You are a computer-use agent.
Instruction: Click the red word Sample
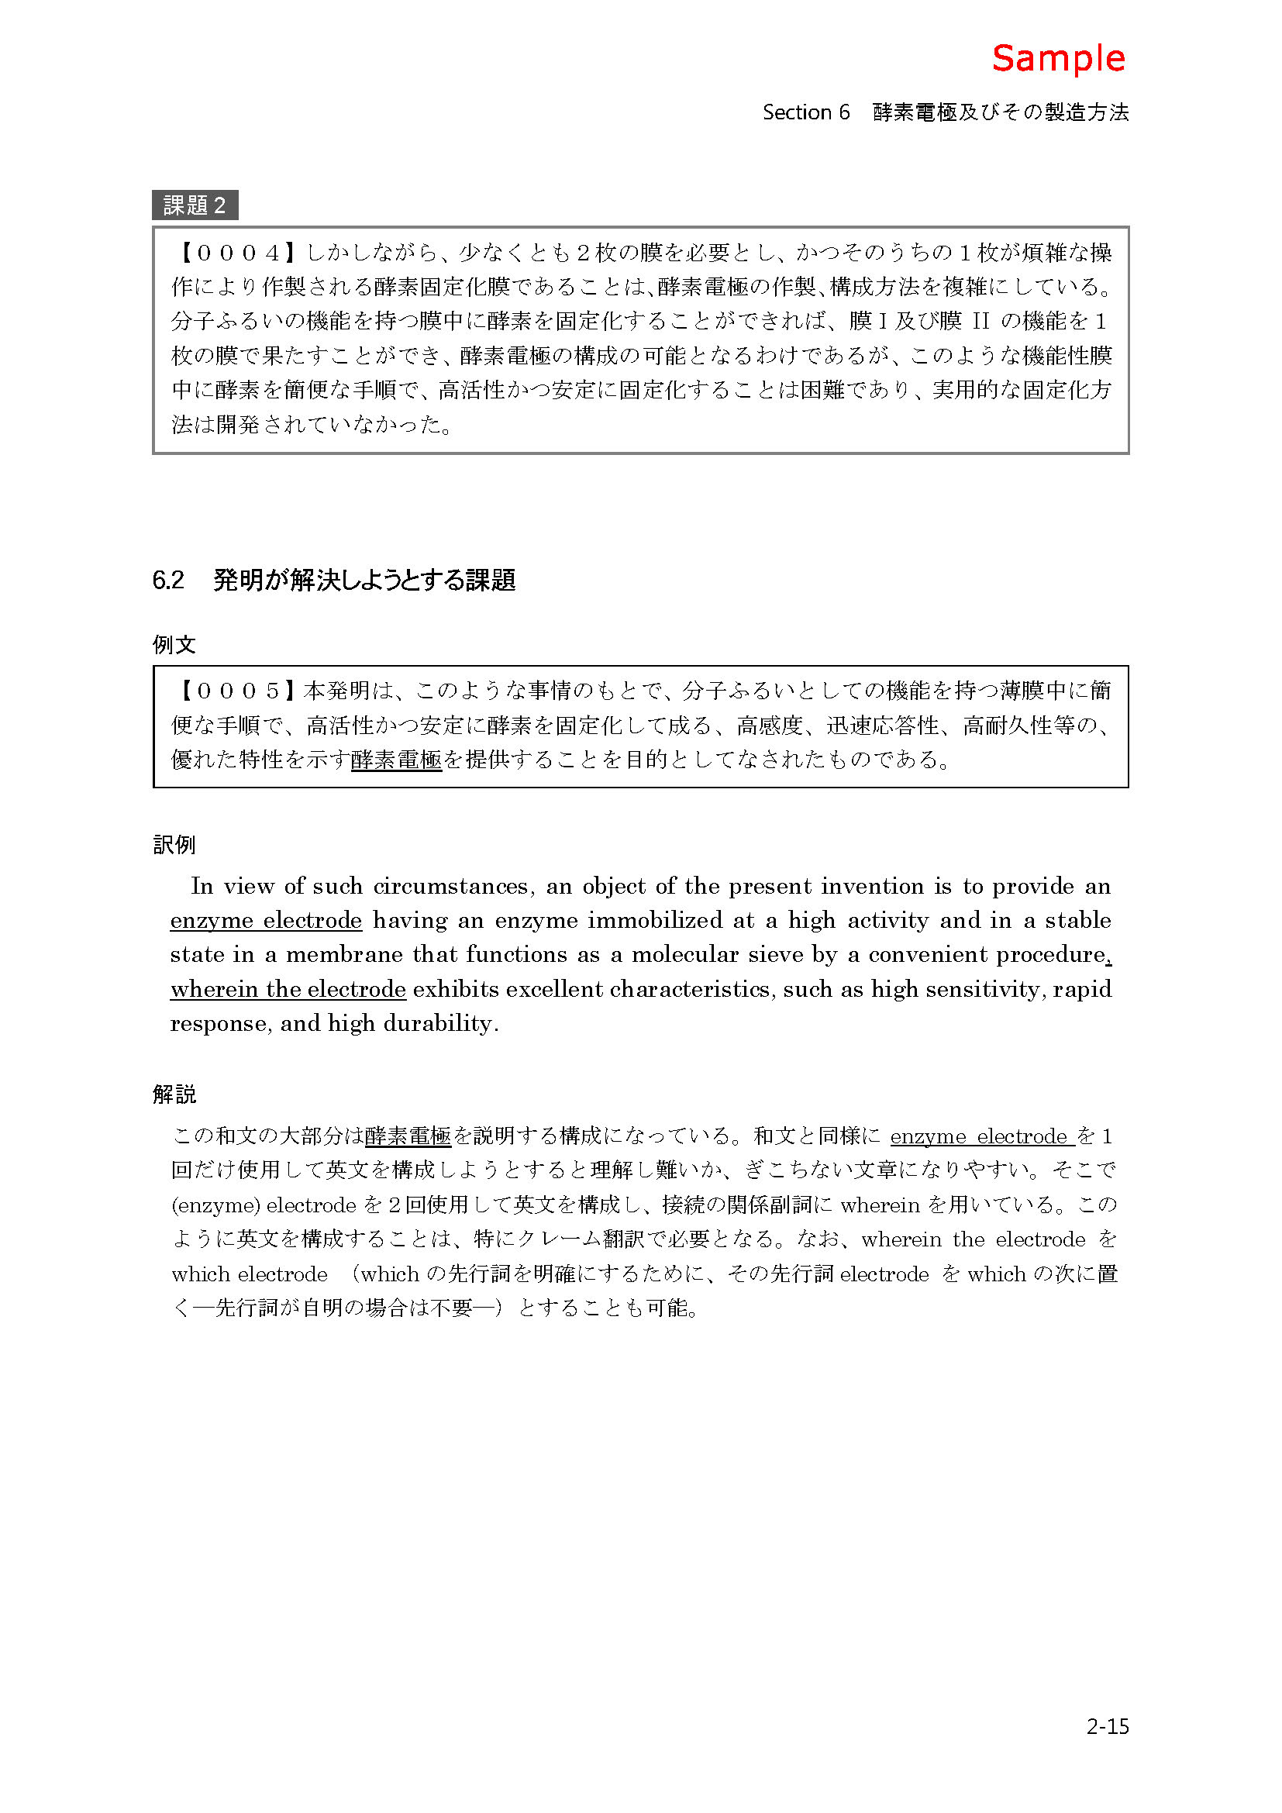[x=1058, y=58]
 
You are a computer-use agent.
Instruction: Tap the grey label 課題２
[x=195, y=205]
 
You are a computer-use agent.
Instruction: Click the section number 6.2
[x=168, y=581]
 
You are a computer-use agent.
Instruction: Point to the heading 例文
[x=174, y=645]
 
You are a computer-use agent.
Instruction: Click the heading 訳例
[x=174, y=845]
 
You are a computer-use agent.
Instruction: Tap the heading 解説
[x=174, y=1094]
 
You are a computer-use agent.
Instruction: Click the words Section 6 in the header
[x=806, y=112]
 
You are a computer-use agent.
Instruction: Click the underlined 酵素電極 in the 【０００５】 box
[x=396, y=760]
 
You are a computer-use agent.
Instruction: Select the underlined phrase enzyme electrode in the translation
[x=266, y=921]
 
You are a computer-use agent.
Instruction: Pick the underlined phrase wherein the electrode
[x=288, y=989]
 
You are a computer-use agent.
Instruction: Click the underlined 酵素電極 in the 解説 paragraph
[x=408, y=1136]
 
